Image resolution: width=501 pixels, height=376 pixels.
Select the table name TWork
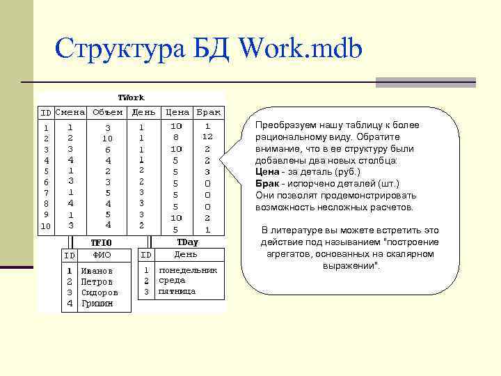point(131,97)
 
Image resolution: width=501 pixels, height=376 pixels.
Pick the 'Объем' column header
point(107,111)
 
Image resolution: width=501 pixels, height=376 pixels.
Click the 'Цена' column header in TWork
point(177,111)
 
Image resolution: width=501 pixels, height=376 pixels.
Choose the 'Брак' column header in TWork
point(208,111)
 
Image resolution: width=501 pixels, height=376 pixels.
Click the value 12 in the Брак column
point(207,136)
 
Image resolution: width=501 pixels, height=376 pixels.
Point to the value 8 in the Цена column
point(176,137)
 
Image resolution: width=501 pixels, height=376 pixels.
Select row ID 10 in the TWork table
point(46,226)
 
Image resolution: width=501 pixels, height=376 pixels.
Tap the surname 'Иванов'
point(96,271)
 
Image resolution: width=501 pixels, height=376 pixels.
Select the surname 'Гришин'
point(96,304)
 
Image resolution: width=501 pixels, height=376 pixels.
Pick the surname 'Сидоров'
point(100,292)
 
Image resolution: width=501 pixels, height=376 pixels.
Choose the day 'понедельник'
point(188,270)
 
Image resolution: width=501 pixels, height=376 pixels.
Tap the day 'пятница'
point(177,292)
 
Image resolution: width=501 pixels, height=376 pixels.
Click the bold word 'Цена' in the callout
point(267,172)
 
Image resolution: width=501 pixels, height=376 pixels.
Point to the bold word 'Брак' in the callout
point(267,184)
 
